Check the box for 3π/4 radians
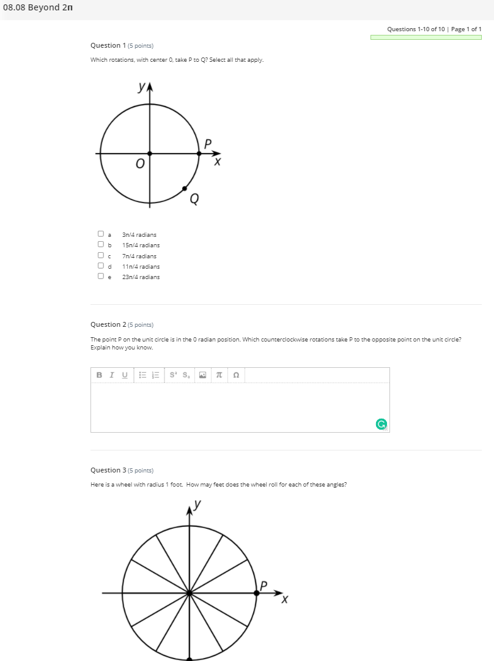pyautogui.click(x=100, y=234)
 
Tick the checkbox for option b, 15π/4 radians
pyautogui.click(x=100, y=245)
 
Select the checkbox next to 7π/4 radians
pyautogui.click(x=100, y=255)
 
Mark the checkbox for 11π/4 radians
pyautogui.click(x=100, y=266)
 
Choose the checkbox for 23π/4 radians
pyautogui.click(x=100, y=276)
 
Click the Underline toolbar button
pyautogui.click(x=125, y=375)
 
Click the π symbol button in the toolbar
pyautogui.click(x=218, y=375)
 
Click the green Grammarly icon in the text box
pyautogui.click(x=381, y=424)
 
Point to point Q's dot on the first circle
pyautogui.click(x=185, y=189)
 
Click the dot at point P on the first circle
pyautogui.click(x=199, y=154)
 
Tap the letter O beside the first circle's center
pyautogui.click(x=140, y=164)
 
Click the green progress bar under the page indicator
pyautogui.click(x=426, y=37)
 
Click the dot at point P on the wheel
pyautogui.click(x=256, y=592)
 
